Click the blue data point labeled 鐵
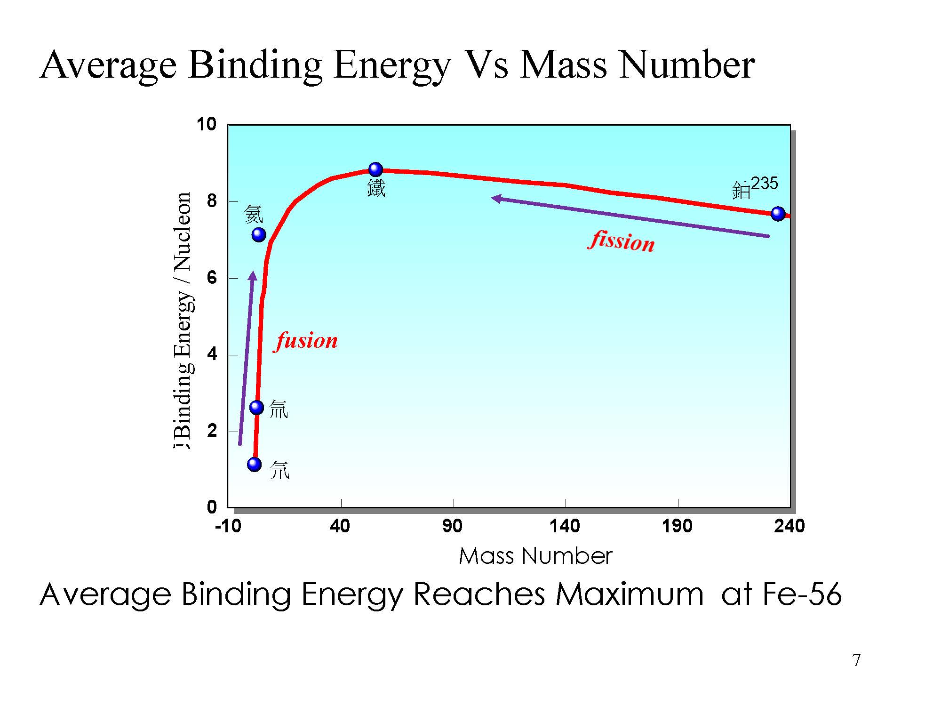coord(375,169)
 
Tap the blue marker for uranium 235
coord(778,214)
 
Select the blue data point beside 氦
coord(259,234)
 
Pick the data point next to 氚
coord(256,407)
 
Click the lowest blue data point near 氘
coord(254,465)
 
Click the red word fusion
coord(306,341)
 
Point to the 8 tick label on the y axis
coord(212,201)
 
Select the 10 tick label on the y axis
coord(207,125)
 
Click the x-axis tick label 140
coord(565,526)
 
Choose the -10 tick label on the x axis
coord(228,526)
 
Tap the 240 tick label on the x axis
coord(789,526)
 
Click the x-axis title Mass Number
coord(535,556)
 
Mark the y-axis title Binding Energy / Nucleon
coord(183,320)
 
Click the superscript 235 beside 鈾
coord(765,183)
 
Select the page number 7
coord(856,660)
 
